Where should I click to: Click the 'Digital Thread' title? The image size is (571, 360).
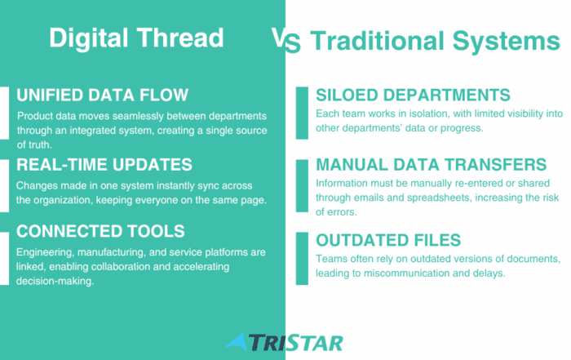coord(136,38)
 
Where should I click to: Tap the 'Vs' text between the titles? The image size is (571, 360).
coord(286,41)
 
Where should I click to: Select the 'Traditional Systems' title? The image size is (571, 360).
coord(435,42)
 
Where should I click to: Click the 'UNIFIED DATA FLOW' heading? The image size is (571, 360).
coord(102,95)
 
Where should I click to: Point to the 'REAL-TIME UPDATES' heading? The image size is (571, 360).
coord(104,165)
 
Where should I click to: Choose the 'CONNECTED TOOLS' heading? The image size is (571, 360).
coord(100,231)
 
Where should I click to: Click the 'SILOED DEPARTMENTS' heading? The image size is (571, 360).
coord(413,95)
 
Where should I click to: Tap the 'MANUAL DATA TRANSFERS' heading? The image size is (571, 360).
coord(432,165)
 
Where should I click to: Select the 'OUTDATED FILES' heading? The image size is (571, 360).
coord(388,241)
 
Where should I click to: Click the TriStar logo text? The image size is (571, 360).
coord(295,343)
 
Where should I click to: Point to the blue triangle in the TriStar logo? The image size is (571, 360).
coord(236,342)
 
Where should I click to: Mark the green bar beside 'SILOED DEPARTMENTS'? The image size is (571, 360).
coord(302,113)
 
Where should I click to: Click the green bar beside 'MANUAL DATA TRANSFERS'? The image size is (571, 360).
coord(302,186)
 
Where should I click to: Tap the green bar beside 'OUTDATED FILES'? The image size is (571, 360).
coord(302,258)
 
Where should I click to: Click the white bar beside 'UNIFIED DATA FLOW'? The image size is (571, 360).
coord(4,113)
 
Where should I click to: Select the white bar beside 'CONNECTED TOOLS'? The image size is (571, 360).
coord(4,258)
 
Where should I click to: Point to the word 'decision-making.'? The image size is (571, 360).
coord(55,282)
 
